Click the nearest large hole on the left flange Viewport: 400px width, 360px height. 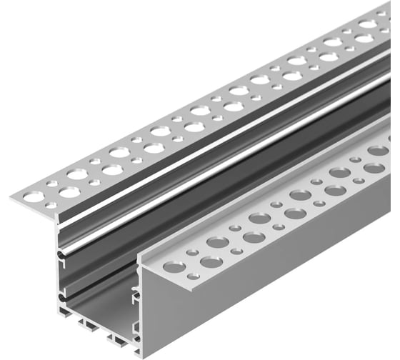pyautogui.click(x=69, y=191)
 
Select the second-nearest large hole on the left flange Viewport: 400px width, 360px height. pyautogui.click(x=78, y=174)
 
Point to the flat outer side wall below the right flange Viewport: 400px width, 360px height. pyautogui.click(x=271, y=286)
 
